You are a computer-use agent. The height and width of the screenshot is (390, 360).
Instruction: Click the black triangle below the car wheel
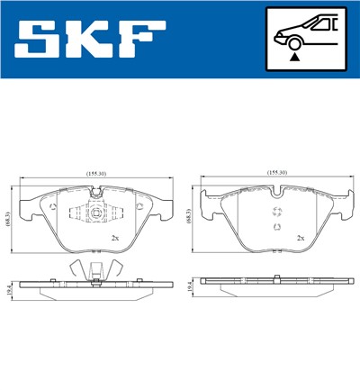(293, 57)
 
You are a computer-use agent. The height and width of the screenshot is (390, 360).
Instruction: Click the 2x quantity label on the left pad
(114, 237)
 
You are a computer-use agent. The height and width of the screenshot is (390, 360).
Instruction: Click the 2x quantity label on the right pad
(301, 237)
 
